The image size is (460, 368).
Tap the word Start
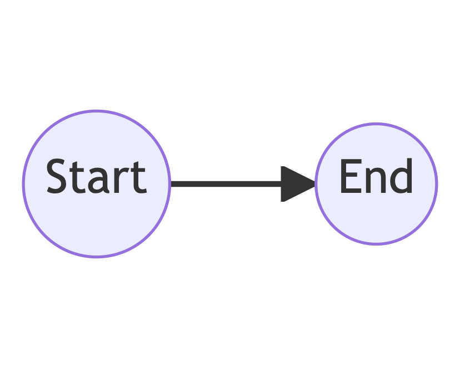pos(96,177)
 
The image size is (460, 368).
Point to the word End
pos(376,176)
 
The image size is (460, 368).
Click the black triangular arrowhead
pos(295,183)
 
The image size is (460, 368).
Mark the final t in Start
pos(136,178)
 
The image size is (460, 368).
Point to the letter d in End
pos(401,176)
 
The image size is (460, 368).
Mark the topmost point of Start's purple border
pos(96,111)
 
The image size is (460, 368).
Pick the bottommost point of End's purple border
pos(376,243)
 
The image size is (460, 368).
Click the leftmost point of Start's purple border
pos(23,184)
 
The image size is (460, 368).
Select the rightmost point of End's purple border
pos(437,183)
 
